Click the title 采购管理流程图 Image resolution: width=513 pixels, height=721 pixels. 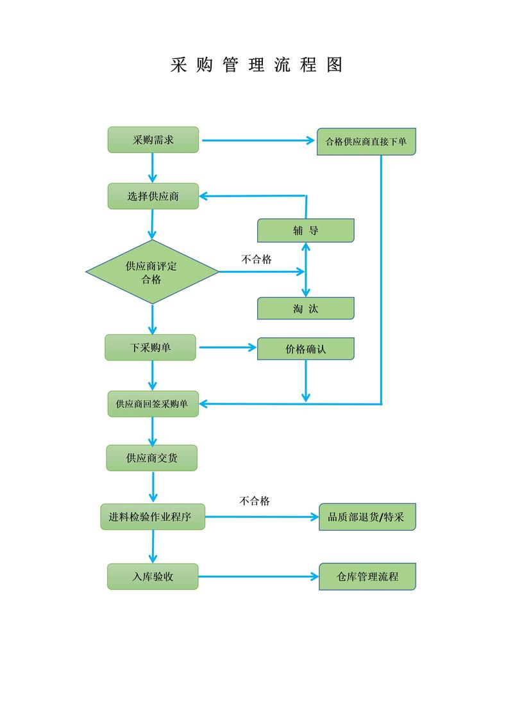(256, 65)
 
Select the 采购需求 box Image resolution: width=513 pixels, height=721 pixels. (153, 140)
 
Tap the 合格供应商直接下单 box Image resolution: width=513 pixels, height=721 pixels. (366, 142)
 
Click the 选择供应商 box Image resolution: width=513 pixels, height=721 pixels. (153, 196)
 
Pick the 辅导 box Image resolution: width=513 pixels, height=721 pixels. (305, 231)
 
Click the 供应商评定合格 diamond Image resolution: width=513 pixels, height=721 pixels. (152, 272)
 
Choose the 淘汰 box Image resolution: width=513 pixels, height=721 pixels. (305, 309)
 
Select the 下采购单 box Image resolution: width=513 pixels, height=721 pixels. (151, 348)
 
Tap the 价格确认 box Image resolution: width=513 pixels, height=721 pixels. (305, 349)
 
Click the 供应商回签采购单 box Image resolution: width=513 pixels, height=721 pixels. (153, 404)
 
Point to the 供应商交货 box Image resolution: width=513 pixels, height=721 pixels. (152, 458)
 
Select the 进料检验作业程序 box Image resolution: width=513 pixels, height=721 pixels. (153, 517)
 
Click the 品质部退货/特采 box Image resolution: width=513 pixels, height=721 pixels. (367, 517)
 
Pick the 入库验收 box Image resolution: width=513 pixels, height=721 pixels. (153, 576)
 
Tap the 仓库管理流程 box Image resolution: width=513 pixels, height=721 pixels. (367, 576)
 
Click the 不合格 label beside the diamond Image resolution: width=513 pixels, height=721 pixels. (256, 259)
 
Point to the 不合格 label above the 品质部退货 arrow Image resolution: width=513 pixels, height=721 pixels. (255, 501)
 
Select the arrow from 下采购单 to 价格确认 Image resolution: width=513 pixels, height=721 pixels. (228, 348)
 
